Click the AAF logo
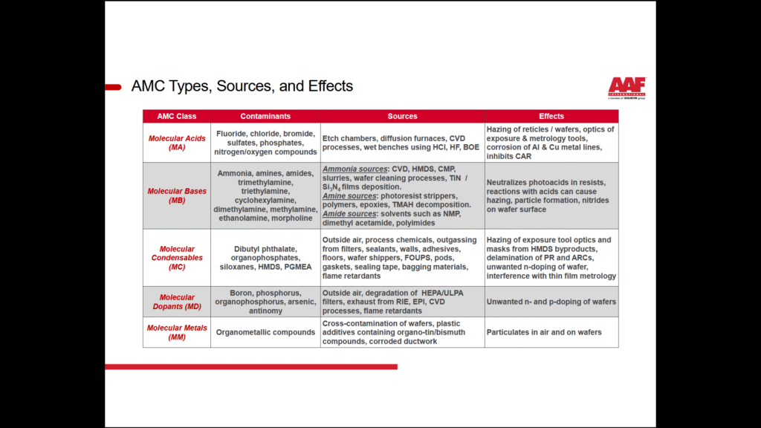[626, 87]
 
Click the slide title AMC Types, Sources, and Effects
[242, 86]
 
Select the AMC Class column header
[177, 117]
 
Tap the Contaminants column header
[265, 117]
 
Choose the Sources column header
[402, 117]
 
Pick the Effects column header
[551, 117]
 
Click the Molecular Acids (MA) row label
[177, 143]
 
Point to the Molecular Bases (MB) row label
[177, 195]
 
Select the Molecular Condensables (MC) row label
[177, 258]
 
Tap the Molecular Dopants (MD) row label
[177, 302]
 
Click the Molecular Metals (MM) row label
[177, 332]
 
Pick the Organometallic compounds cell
[265, 332]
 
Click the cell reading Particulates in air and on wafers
[544, 332]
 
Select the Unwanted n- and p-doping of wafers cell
[551, 302]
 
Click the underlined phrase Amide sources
[349, 214]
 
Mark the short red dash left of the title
[113, 87]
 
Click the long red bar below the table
[250, 366]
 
